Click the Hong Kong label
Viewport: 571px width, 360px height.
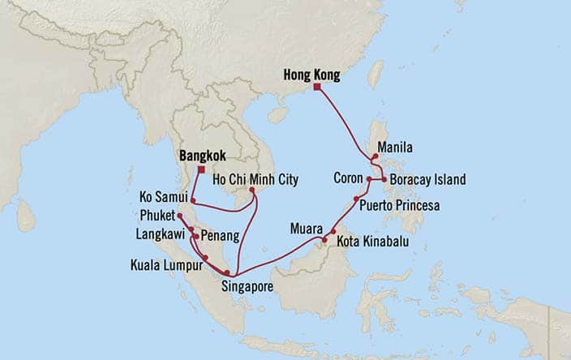click(x=311, y=75)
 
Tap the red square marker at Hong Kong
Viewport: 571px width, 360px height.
click(x=317, y=87)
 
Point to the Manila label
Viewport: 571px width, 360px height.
click(x=396, y=148)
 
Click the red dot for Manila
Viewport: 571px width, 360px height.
click(x=374, y=157)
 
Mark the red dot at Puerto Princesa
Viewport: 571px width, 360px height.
click(x=357, y=199)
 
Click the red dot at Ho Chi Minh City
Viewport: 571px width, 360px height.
click(x=252, y=191)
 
